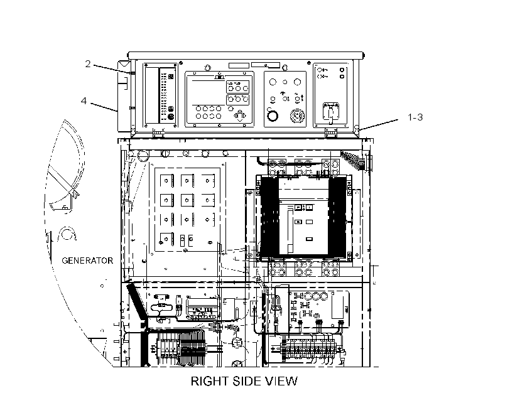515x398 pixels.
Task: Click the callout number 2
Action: (88, 63)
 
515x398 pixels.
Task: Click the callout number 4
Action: (84, 100)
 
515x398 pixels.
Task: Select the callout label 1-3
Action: (415, 117)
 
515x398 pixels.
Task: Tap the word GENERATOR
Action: (87, 261)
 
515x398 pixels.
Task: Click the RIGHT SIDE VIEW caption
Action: (244, 381)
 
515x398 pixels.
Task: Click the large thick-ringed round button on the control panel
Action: (273, 116)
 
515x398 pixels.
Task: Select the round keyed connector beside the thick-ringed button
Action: (297, 116)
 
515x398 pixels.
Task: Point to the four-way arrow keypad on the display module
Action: (240, 116)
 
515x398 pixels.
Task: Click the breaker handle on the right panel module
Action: (331, 112)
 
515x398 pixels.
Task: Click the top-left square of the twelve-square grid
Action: (167, 181)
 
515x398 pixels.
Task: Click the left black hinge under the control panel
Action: (158, 133)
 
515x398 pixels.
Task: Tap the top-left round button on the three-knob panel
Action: (273, 82)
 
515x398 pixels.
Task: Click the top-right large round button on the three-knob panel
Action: (297, 82)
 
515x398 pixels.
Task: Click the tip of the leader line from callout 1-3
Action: (359, 130)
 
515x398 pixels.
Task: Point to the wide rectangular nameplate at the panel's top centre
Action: (266, 65)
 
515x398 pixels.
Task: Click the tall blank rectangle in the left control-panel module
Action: (152, 95)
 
